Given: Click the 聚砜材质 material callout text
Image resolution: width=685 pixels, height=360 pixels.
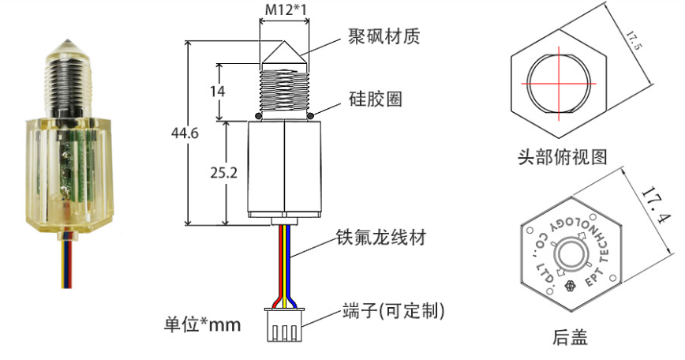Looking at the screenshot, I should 384,37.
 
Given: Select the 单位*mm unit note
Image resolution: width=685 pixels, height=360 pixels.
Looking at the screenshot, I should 202,324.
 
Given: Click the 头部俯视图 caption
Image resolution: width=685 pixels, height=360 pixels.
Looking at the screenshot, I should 562,156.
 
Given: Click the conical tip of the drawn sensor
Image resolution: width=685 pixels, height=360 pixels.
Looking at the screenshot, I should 283,53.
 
